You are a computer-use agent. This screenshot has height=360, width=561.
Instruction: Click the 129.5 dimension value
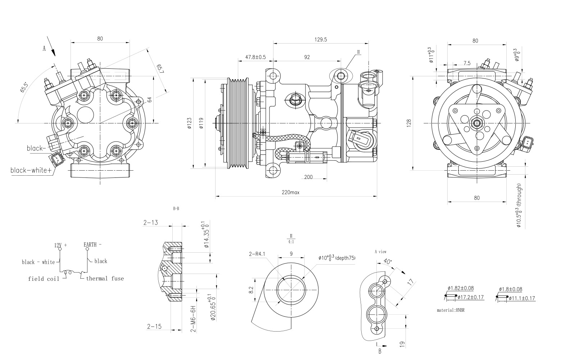[x=320, y=40]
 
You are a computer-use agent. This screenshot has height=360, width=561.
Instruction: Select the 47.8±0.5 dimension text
[x=255, y=57]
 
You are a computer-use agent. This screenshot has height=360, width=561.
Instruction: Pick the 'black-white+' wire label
[x=31, y=170]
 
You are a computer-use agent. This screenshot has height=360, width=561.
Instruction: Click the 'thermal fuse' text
[x=105, y=278]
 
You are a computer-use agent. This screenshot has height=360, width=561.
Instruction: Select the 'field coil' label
[x=41, y=279]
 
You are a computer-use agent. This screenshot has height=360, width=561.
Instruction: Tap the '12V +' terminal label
[x=60, y=245]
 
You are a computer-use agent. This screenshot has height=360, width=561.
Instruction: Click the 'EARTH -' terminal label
[x=92, y=245]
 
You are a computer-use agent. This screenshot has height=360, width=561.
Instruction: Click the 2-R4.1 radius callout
[x=257, y=254]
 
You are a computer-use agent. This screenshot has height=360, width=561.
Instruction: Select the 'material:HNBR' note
[x=451, y=310]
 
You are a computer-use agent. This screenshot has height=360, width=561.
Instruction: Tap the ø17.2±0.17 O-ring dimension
[x=471, y=297]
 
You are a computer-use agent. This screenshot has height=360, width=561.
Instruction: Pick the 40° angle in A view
[x=387, y=261]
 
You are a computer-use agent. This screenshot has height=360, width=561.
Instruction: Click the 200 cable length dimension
[x=308, y=177]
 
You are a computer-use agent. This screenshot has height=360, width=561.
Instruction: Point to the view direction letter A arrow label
[x=44, y=49]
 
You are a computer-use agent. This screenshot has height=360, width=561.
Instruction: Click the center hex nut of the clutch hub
[x=477, y=123]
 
